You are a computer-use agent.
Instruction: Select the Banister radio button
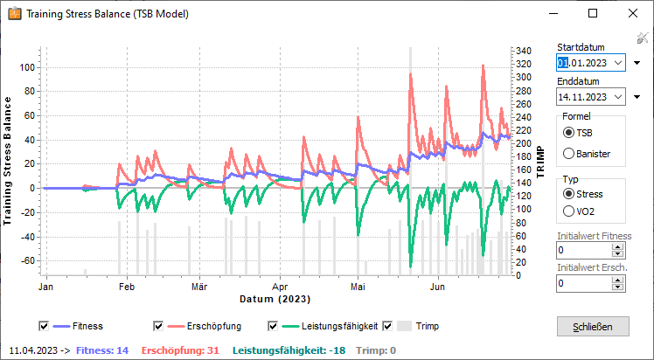point(570,154)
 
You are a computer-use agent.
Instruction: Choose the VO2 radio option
point(570,211)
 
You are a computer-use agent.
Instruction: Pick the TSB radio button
point(570,133)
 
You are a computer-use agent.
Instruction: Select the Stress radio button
point(570,193)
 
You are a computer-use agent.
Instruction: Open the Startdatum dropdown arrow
point(618,63)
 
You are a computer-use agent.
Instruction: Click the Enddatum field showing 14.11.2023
point(584,96)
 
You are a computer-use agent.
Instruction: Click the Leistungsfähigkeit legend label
point(339,326)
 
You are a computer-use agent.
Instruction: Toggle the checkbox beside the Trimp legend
point(387,326)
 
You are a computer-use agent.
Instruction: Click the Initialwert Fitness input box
point(585,251)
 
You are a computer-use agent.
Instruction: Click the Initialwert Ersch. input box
point(585,283)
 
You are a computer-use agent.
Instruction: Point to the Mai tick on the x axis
point(357,286)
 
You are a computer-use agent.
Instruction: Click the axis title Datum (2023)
point(275,299)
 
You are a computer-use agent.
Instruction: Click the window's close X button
point(632,14)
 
